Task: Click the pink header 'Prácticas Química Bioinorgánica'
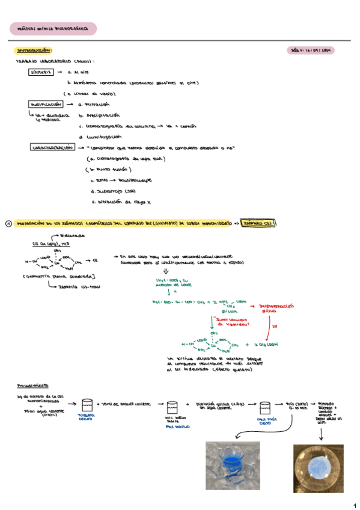(53, 28)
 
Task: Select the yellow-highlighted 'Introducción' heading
(34, 51)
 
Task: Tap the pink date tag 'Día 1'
(311, 51)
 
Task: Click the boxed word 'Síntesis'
(41, 72)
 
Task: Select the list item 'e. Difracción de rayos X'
(120, 201)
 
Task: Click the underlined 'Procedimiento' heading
(34, 386)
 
